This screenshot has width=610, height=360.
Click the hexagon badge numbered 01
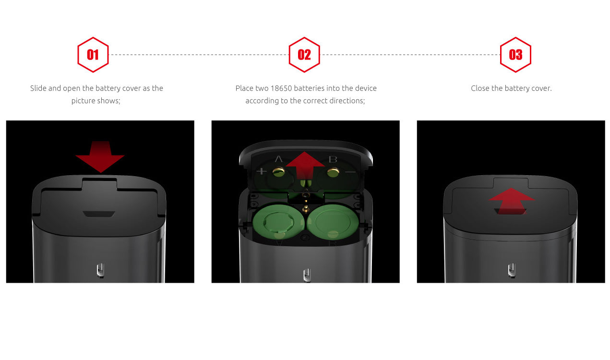[93, 55]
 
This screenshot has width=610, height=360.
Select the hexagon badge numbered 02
[304, 55]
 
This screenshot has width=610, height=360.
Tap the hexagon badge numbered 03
[515, 55]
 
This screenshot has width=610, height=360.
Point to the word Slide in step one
[38, 88]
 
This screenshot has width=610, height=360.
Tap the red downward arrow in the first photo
[100, 157]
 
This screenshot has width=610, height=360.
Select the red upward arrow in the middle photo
[305, 166]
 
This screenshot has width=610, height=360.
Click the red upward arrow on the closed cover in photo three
[512, 201]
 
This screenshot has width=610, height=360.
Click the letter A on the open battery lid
[278, 159]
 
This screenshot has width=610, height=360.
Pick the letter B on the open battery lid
[333, 159]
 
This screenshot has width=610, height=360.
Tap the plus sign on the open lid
[262, 171]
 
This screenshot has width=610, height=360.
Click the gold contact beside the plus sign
[278, 172]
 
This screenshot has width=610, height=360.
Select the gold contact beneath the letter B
[333, 172]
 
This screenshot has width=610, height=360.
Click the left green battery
[278, 222]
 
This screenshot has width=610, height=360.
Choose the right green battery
[333, 222]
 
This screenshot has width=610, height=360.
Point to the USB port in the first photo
[100, 270]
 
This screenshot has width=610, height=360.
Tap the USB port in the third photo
[512, 270]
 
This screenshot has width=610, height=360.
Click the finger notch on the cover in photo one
[99, 214]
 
